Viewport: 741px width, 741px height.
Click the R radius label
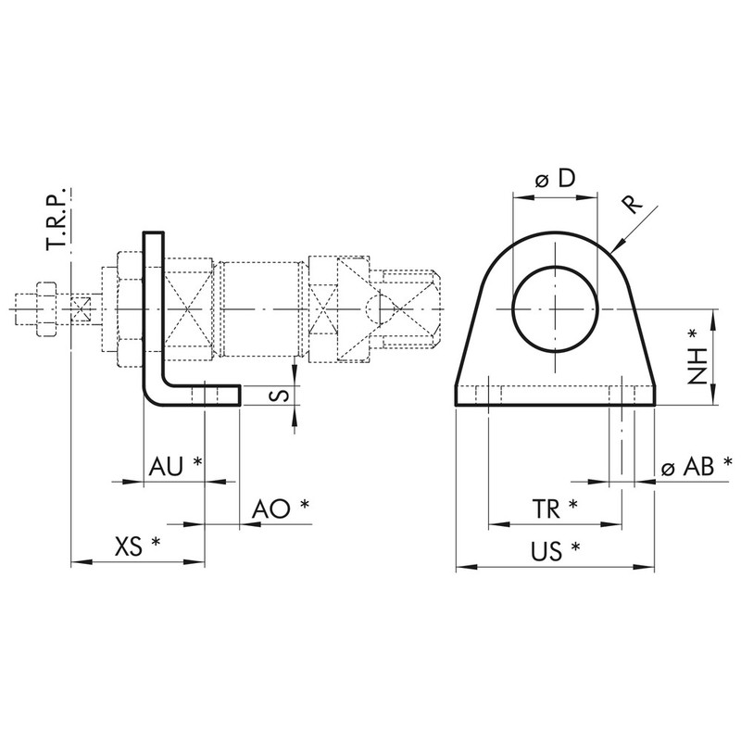point(632,205)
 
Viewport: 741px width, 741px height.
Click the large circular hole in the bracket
point(554,308)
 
